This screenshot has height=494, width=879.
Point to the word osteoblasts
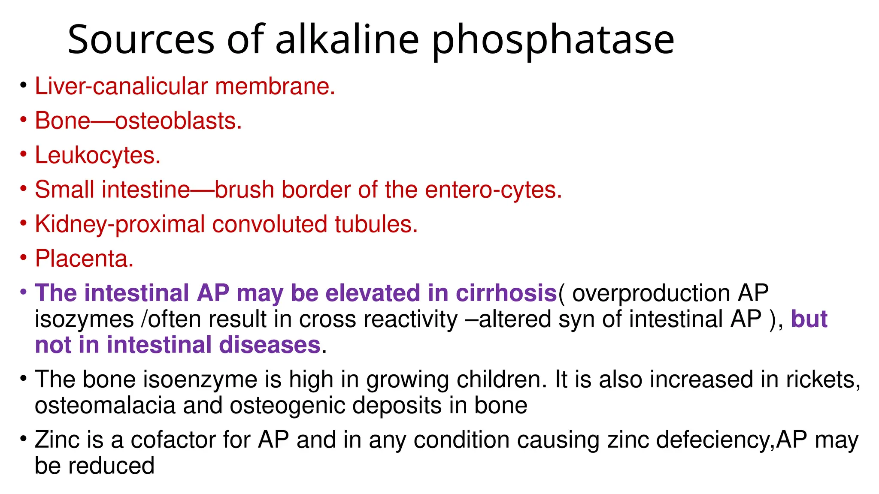178,121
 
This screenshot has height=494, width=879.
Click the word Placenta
84,259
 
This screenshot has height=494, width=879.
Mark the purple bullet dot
23,292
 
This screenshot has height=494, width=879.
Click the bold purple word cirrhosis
506,293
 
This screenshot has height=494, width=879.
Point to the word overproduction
651,294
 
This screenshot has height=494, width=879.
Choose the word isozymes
84,320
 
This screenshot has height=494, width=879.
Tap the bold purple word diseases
270,345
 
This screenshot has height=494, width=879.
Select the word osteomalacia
105,406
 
